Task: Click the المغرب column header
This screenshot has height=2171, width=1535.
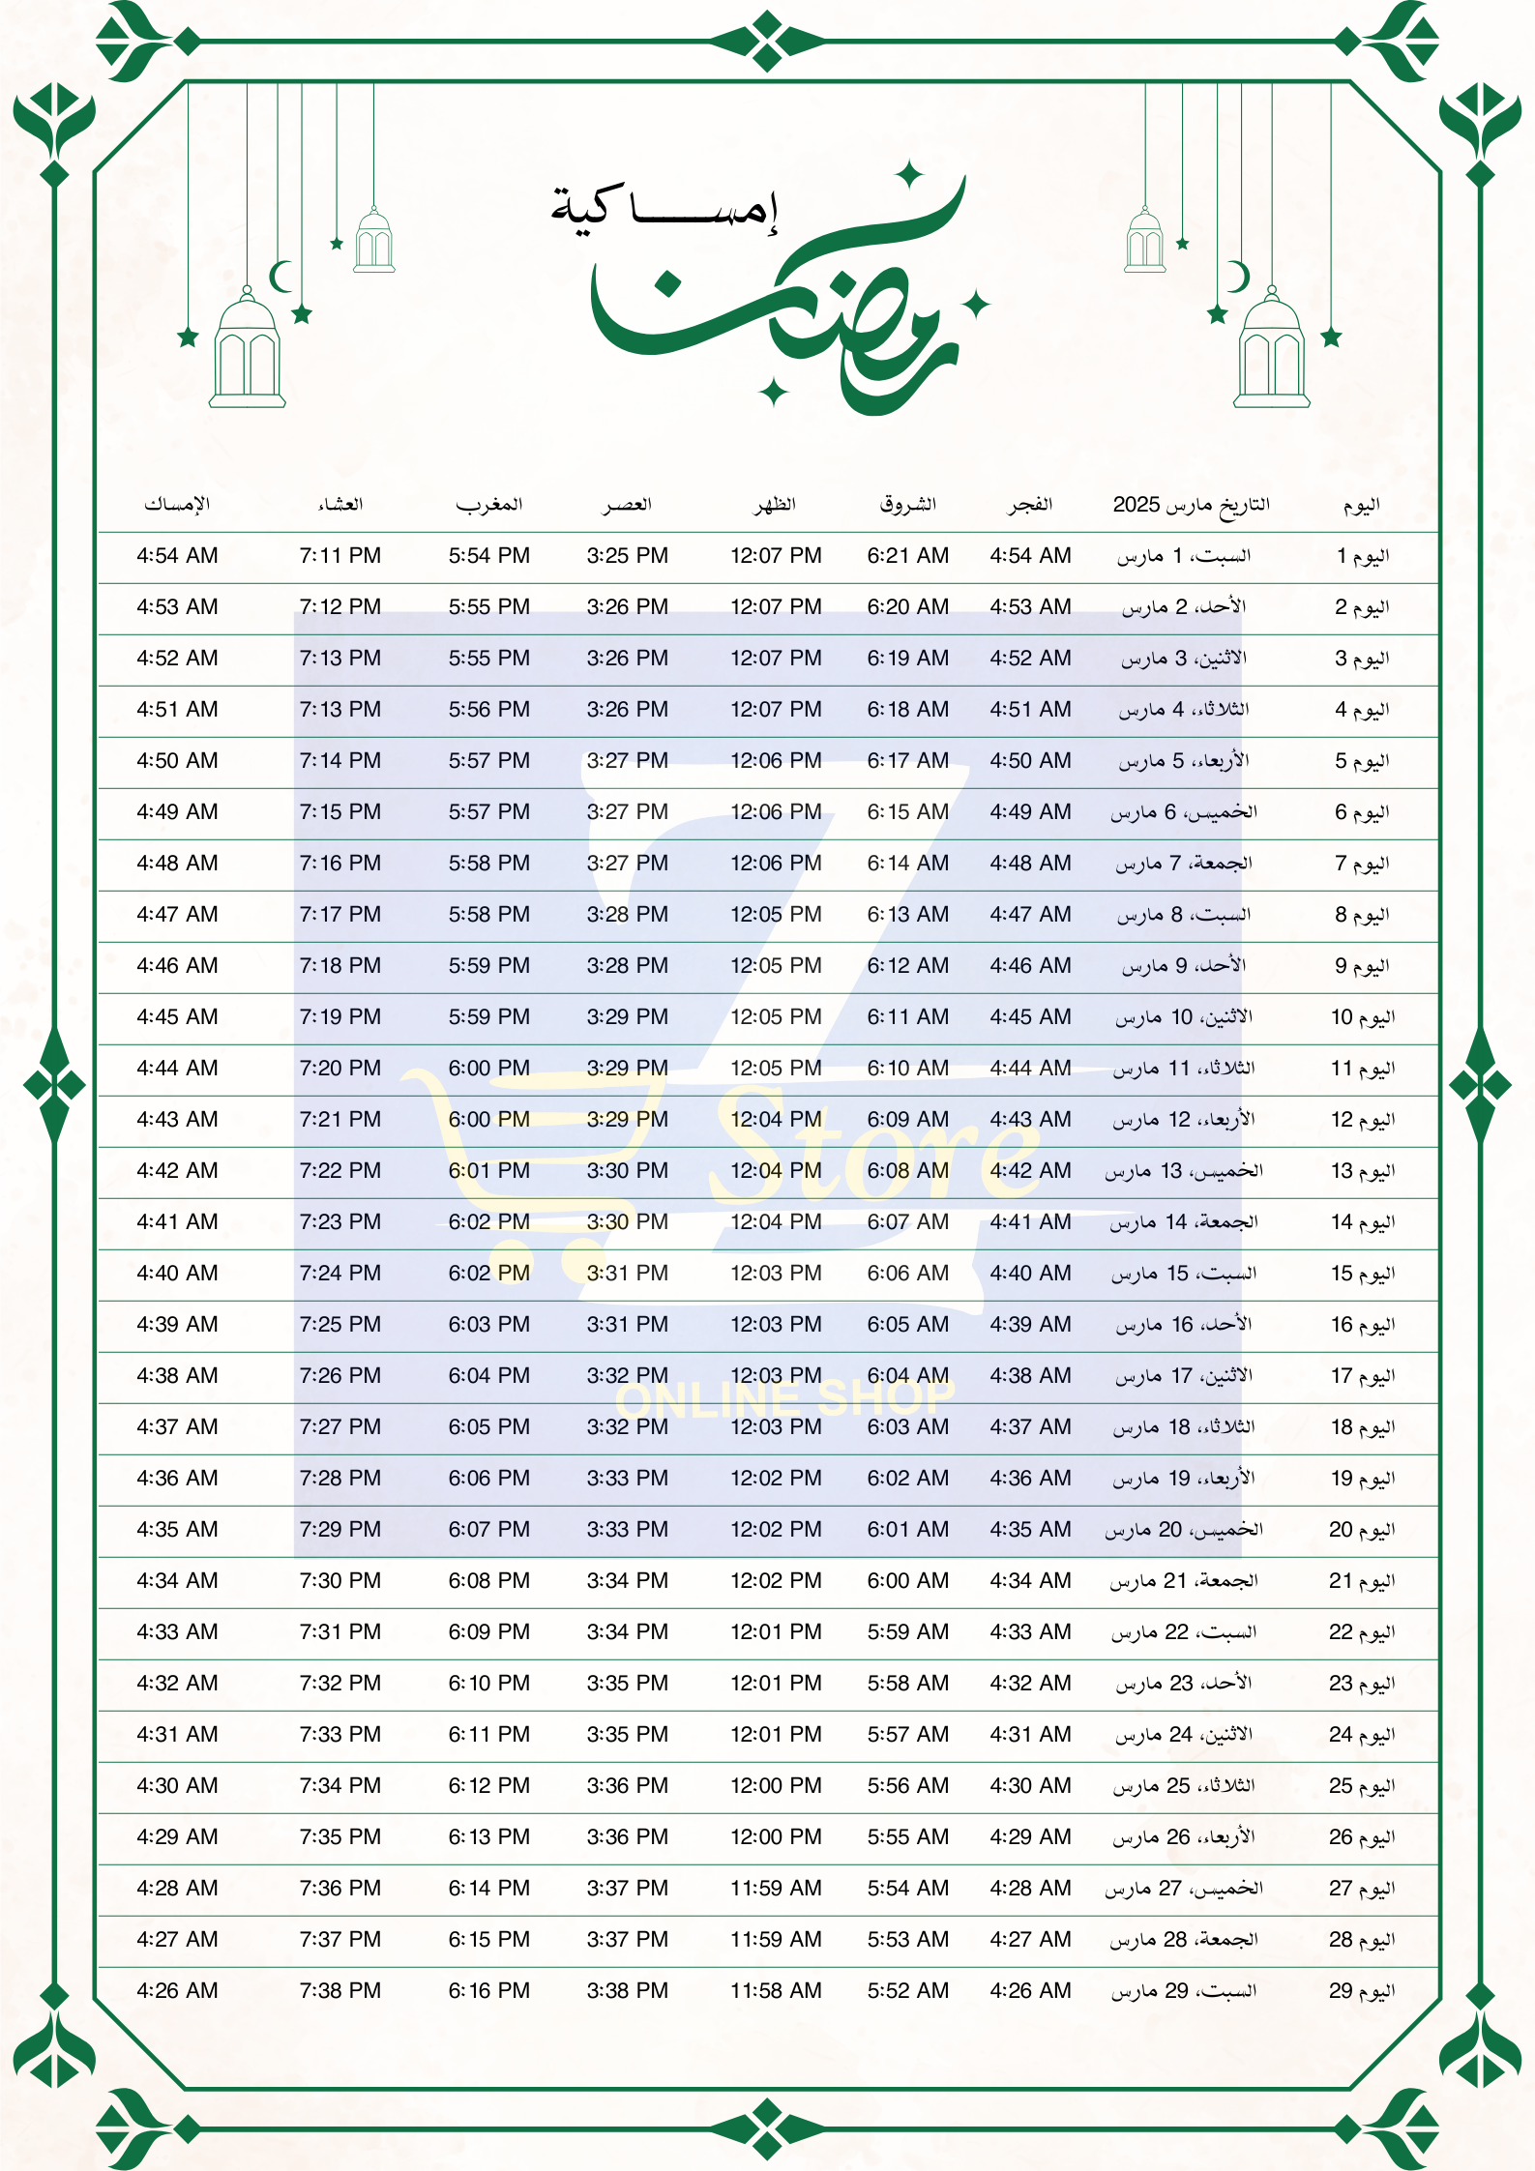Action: (x=488, y=504)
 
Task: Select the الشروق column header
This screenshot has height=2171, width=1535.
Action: (x=907, y=504)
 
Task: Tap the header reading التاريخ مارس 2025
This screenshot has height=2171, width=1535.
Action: (x=1191, y=504)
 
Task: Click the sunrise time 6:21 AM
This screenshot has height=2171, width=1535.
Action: (x=907, y=555)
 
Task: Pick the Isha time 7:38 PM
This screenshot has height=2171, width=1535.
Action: (x=339, y=1990)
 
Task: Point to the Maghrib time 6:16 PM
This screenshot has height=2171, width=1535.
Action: (x=488, y=1990)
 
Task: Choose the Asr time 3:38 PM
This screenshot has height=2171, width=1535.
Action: (x=627, y=1990)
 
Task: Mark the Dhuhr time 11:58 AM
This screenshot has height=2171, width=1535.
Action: (x=776, y=1990)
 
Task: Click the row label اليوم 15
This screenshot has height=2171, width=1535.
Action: (x=1362, y=1273)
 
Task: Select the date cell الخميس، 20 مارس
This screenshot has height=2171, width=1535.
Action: (x=1184, y=1529)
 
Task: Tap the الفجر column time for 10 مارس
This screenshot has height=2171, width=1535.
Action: (x=1030, y=1016)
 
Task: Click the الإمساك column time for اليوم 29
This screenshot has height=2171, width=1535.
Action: (x=177, y=1990)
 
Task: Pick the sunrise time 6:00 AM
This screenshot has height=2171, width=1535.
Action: (x=907, y=1580)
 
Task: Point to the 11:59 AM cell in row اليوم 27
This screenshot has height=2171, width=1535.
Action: (x=776, y=1888)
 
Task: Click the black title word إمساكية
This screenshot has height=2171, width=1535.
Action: (x=664, y=207)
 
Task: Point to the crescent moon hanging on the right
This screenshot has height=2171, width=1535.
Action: (x=1238, y=277)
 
